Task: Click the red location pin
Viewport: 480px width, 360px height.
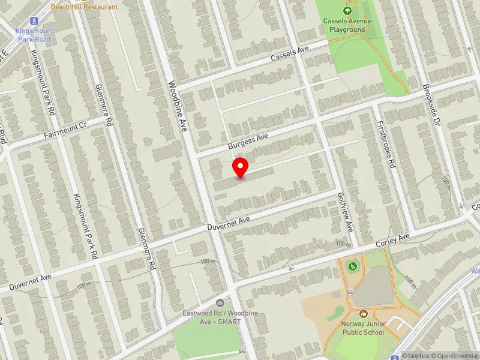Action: click(241, 167)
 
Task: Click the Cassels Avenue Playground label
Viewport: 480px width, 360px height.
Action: click(347, 25)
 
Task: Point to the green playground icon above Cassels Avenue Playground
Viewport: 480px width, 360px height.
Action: click(347, 10)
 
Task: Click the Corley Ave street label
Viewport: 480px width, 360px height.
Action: click(392, 241)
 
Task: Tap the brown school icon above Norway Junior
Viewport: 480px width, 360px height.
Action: click(363, 314)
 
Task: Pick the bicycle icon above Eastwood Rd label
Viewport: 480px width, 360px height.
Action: click(220, 304)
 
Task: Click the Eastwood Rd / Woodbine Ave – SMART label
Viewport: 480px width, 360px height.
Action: click(212, 317)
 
